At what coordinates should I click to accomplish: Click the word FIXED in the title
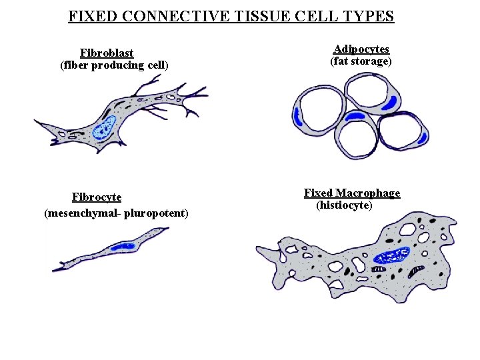coord(89,16)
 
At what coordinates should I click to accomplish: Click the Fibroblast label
coord(107,53)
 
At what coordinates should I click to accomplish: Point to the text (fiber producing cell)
coord(114,65)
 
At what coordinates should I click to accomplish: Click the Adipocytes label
coord(361,49)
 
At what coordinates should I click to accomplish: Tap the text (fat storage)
coord(361,61)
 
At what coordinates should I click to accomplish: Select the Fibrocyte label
coord(97,197)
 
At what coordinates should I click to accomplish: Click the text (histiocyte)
coord(344,205)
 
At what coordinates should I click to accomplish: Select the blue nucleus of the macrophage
coord(391,255)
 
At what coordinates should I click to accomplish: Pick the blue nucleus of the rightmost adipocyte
coord(421,139)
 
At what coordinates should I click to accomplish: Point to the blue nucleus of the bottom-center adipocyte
coord(357,117)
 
